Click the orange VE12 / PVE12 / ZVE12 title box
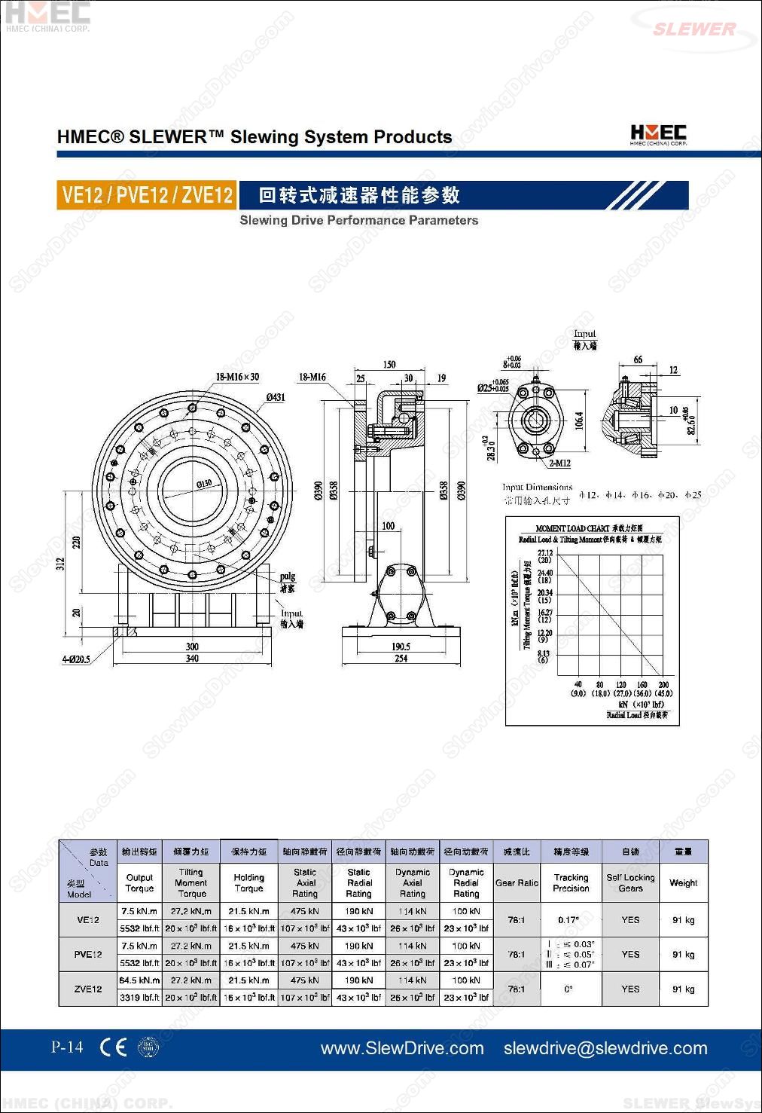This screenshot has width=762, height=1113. pyautogui.click(x=147, y=195)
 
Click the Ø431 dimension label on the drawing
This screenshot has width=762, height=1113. pyautogui.click(x=275, y=397)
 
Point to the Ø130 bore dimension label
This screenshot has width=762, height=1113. pyautogui.click(x=204, y=484)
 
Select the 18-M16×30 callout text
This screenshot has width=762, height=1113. pyautogui.click(x=237, y=377)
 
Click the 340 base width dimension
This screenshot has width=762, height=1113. pyautogui.click(x=192, y=659)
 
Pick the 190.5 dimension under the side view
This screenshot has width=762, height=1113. pyautogui.click(x=401, y=647)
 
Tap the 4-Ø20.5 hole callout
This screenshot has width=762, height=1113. pyautogui.click(x=75, y=659)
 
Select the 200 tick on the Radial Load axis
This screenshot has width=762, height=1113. pyautogui.click(x=663, y=685)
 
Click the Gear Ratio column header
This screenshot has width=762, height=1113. pyautogui.click(x=517, y=882)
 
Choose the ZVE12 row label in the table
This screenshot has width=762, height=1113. pyautogui.click(x=88, y=989)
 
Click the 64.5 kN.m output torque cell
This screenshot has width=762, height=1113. pyautogui.click(x=139, y=980)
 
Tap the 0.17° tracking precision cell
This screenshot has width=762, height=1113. pyautogui.click(x=568, y=919)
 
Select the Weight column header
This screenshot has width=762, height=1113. pyautogui.click(x=683, y=882)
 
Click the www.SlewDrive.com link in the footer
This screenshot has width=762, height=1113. pyautogui.click(x=402, y=1048)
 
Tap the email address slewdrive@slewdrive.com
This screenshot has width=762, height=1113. pyautogui.click(x=605, y=1048)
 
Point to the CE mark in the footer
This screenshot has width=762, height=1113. pyautogui.click(x=113, y=1047)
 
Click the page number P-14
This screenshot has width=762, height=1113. pyautogui.click(x=67, y=1047)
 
